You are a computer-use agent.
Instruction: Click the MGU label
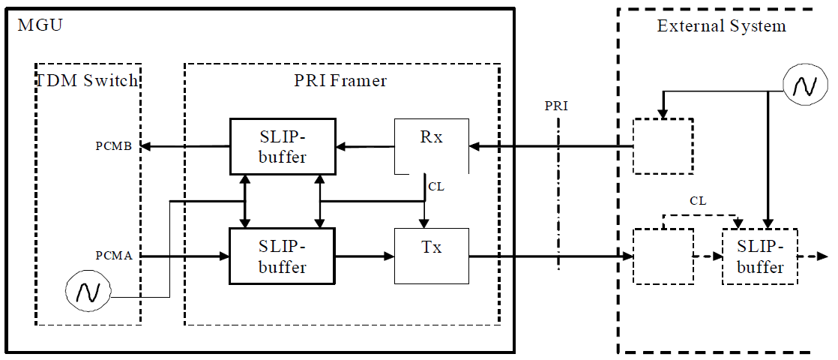pyautogui.click(x=40, y=26)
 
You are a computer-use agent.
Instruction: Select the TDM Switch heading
pyautogui.click(x=88, y=80)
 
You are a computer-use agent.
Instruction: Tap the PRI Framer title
pyautogui.click(x=341, y=80)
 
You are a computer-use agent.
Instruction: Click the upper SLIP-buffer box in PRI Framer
pyautogui.click(x=283, y=146)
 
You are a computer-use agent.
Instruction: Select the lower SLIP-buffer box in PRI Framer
pyautogui.click(x=283, y=256)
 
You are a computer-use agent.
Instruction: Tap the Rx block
pyautogui.click(x=431, y=145)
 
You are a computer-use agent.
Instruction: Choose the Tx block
pyautogui.click(x=431, y=256)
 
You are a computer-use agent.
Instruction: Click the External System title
pyautogui.click(x=721, y=26)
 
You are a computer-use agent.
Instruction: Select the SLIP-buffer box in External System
pyautogui.click(x=759, y=256)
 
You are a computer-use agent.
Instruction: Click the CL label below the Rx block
pyautogui.click(x=436, y=186)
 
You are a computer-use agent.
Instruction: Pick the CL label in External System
pyautogui.click(x=698, y=201)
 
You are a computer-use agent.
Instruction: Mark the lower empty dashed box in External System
pyautogui.click(x=663, y=256)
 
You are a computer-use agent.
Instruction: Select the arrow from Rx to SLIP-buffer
pyautogui.click(x=365, y=146)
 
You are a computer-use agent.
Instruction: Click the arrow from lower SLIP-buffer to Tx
pyautogui.click(x=365, y=256)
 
